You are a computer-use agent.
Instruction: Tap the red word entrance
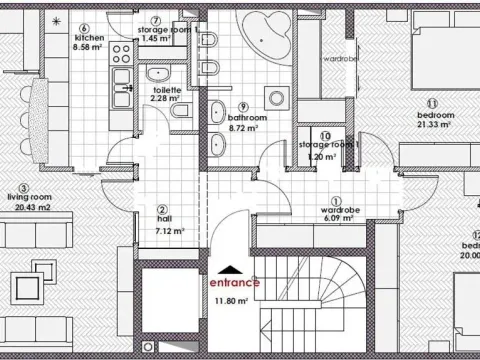pyautogui.click(x=235, y=282)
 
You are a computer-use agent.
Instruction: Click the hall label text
pyautogui.click(x=162, y=220)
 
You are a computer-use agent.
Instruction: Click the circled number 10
pyautogui.click(x=326, y=135)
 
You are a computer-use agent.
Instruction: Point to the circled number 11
pyautogui.click(x=432, y=103)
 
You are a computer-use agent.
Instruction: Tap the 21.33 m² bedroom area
pyautogui.click(x=436, y=125)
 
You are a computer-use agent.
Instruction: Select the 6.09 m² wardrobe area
pyautogui.click(x=334, y=220)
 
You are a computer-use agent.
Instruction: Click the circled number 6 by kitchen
pyautogui.click(x=85, y=29)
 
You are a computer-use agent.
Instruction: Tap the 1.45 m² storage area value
pyautogui.click(x=157, y=38)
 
